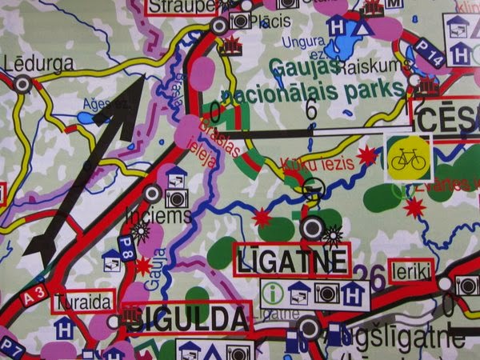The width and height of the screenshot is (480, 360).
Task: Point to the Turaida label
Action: point(83,303)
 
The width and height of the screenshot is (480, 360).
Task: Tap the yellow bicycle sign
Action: point(408,157)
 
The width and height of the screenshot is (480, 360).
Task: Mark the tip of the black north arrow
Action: point(142,78)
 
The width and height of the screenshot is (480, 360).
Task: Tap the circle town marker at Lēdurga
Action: point(22,82)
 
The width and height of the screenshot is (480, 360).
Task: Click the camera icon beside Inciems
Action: point(177,198)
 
